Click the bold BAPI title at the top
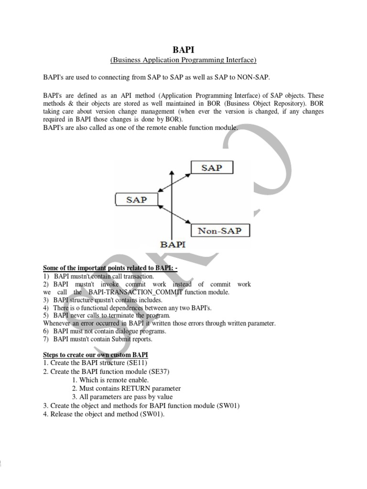(x=183, y=49)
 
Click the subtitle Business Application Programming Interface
(x=183, y=60)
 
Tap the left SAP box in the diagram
(x=136, y=199)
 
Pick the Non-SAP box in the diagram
(x=220, y=231)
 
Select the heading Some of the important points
(x=110, y=268)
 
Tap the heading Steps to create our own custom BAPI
(x=96, y=355)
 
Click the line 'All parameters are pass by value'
(x=122, y=397)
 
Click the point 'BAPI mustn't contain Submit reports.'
(x=103, y=339)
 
